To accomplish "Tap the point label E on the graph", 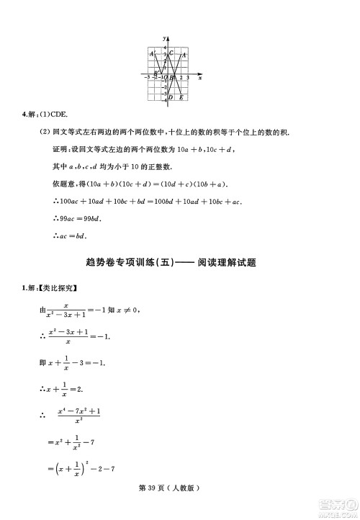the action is point(181,97).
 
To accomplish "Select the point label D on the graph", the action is point(171,97).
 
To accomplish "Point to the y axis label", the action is point(164,37).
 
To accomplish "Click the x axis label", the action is point(199,76).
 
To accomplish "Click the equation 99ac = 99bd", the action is point(76,218).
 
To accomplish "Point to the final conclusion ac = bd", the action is point(69,235).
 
